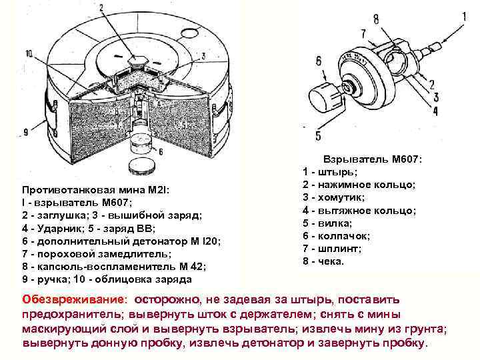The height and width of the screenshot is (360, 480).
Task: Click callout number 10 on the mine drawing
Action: coord(29,53)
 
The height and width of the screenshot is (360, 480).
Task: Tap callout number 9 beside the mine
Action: coord(27,132)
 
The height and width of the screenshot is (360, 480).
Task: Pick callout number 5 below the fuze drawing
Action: coord(318,135)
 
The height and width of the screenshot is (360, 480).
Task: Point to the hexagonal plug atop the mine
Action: coord(142,60)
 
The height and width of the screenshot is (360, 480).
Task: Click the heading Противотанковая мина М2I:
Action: coord(96,190)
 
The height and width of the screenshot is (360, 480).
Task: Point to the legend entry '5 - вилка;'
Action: coord(329,223)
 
